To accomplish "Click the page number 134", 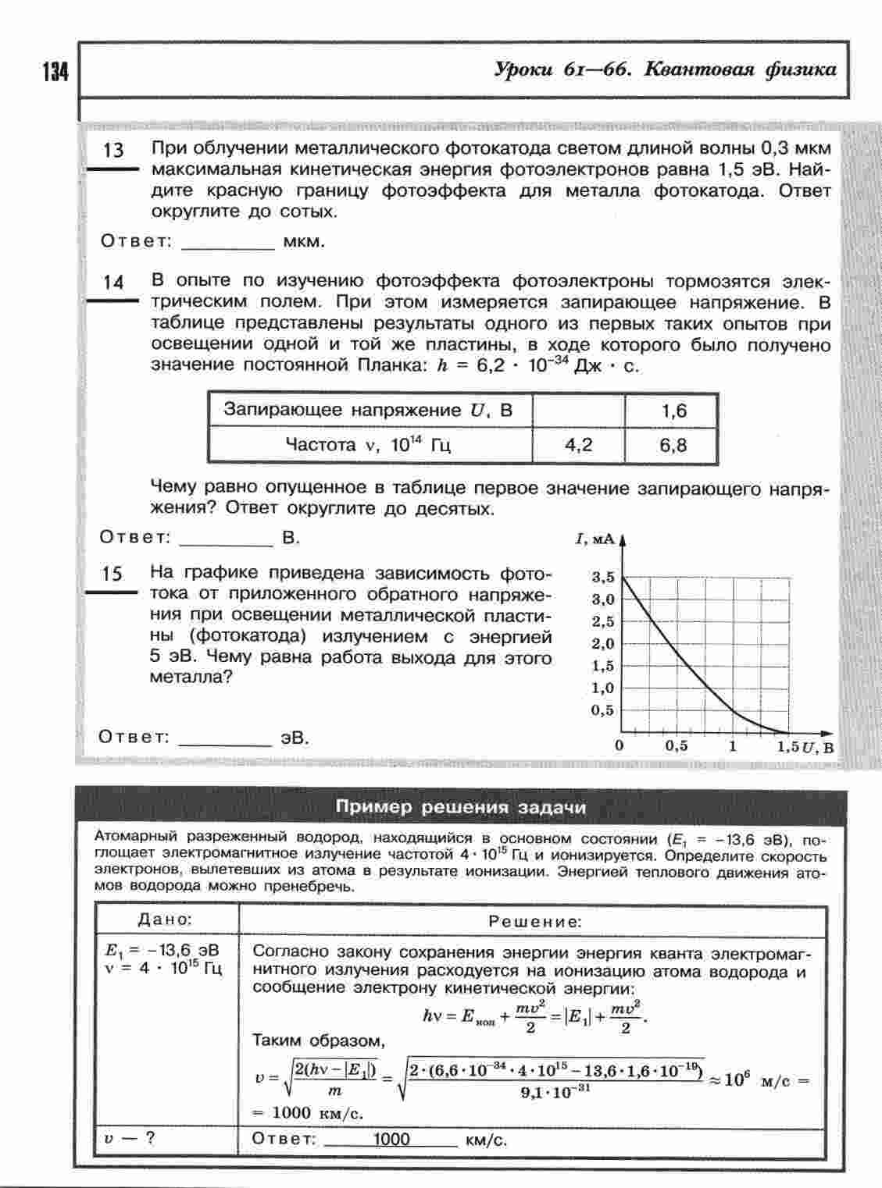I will [55, 72].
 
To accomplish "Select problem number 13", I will [113, 150].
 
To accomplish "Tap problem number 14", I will [113, 282].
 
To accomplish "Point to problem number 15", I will [112, 574].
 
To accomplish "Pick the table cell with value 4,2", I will [578, 446].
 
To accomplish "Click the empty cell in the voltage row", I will [578, 411].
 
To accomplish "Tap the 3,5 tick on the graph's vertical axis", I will [603, 578].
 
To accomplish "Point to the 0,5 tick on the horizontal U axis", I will [677, 746].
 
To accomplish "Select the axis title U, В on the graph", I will [818, 747].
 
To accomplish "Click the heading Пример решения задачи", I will [460, 807].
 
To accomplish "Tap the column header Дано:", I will [165, 919].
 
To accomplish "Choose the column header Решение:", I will [535, 922].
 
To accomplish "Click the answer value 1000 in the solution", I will [391, 1139].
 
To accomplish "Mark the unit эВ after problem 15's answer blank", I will [295, 738].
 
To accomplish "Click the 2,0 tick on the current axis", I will [603, 644].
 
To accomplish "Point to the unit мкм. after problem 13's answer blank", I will [303, 241].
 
